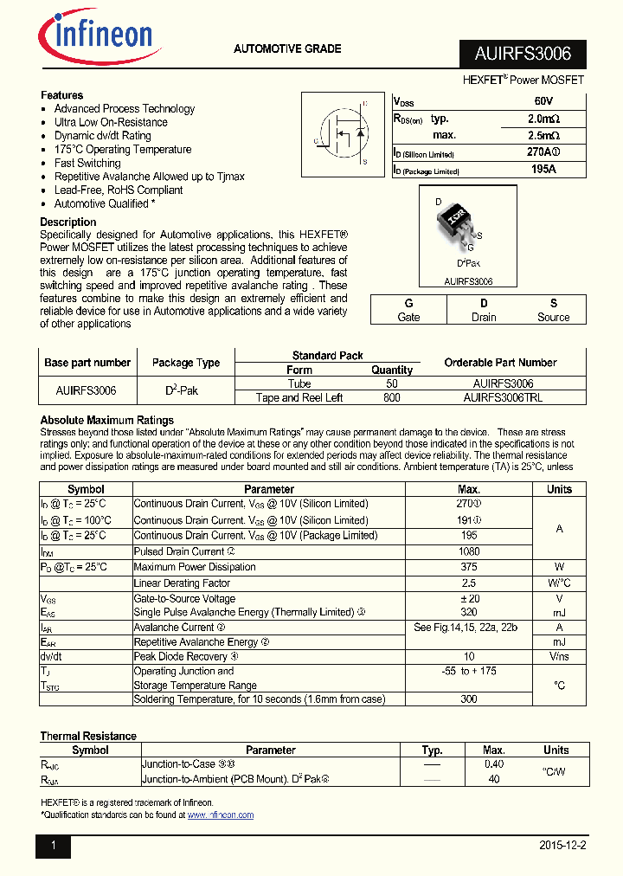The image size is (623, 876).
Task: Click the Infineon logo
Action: pyautogui.click(x=95, y=37)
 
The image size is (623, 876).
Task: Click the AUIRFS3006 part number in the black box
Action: pyautogui.click(x=523, y=54)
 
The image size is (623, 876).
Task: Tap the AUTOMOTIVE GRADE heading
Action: pyautogui.click(x=287, y=49)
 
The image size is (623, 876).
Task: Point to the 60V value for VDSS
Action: pyautogui.click(x=543, y=101)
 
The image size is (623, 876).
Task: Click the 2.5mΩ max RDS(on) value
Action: pyautogui.click(x=543, y=136)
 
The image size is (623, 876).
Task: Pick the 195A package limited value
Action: pyautogui.click(x=543, y=170)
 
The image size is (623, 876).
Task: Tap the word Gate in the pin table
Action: pyautogui.click(x=408, y=317)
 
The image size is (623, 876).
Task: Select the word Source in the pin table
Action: pyautogui.click(x=553, y=317)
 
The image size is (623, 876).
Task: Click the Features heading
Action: pyautogui.click(x=61, y=95)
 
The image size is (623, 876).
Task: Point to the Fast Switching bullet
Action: pyautogui.click(x=87, y=163)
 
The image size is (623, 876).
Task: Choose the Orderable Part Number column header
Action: pyautogui.click(x=500, y=363)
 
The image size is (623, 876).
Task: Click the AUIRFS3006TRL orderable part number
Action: pyautogui.click(x=503, y=397)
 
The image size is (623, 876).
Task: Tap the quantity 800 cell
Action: pyautogui.click(x=391, y=397)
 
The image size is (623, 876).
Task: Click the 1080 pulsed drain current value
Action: pyautogui.click(x=469, y=551)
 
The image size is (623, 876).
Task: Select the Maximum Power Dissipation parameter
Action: pyautogui.click(x=195, y=567)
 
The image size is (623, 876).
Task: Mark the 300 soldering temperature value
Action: pyautogui.click(x=469, y=699)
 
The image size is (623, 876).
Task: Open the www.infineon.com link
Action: pyautogui.click(x=221, y=815)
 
